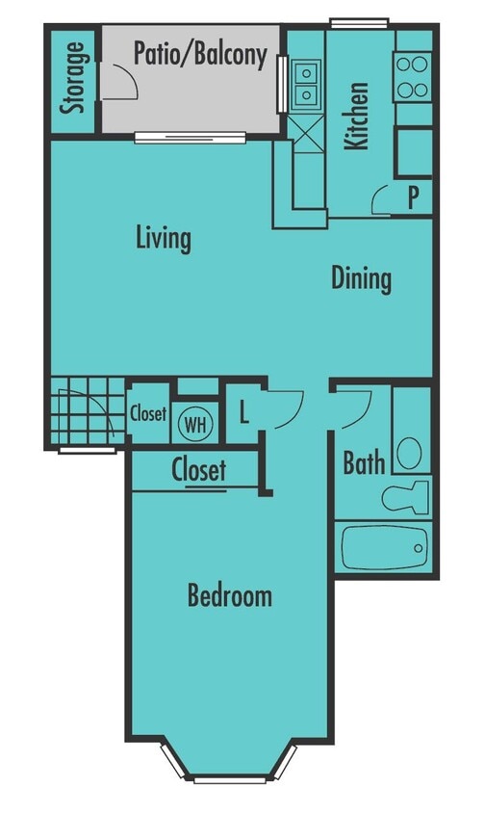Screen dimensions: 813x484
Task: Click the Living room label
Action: coord(164,238)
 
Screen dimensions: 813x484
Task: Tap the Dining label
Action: coord(362,278)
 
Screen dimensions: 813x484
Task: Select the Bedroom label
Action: coord(229,596)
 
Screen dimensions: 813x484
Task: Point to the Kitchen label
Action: coord(357,117)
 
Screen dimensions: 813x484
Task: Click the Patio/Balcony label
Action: coord(200,54)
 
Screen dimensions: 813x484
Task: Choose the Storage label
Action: coord(72,78)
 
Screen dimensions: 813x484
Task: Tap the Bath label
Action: coord(364,463)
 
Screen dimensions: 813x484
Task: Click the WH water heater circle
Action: coord(195,423)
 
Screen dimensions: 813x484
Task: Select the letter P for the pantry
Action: coord(413,198)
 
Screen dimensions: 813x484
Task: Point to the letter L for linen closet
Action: coord(244,415)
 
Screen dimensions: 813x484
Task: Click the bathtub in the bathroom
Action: coord(384,546)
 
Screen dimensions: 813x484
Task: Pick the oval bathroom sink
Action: coord(410,451)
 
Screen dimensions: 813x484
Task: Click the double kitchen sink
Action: coord(307,84)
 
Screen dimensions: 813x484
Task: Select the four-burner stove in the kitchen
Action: coord(414,77)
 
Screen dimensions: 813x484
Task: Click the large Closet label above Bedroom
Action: coord(199,470)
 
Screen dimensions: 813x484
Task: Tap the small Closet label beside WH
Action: coord(148,415)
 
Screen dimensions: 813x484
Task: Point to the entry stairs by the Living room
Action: coord(87,413)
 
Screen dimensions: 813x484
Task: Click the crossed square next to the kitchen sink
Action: coord(307,132)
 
